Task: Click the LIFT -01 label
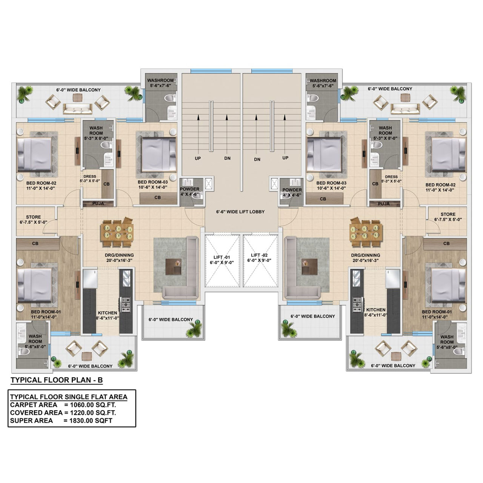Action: tap(222, 257)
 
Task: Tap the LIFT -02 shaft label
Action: tap(259, 255)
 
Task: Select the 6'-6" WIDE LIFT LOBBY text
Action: tap(240, 212)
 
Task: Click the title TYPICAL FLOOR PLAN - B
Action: tap(57, 380)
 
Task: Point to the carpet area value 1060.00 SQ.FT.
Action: tap(93, 405)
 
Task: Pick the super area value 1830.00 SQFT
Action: tap(91, 421)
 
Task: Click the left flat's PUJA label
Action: tap(98, 203)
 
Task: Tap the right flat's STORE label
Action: tap(448, 214)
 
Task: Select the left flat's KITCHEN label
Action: tap(107, 313)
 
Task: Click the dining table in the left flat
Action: tap(117, 232)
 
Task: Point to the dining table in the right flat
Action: tap(366, 232)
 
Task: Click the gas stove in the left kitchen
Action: tap(126, 304)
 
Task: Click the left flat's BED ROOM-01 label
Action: tap(46, 312)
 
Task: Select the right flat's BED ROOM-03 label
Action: tap(331, 183)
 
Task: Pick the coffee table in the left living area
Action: tap(174, 267)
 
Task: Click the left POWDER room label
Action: tap(189, 189)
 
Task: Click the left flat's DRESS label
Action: tap(90, 177)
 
